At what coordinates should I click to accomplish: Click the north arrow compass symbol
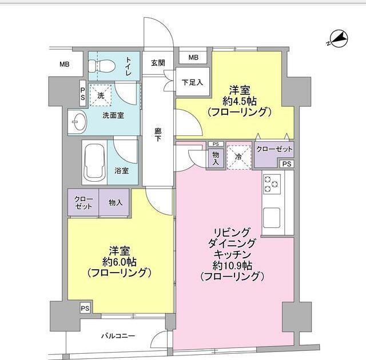coord(338,39)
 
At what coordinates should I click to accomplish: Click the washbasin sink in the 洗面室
coord(78,122)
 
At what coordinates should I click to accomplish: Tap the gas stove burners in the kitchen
coord(272,184)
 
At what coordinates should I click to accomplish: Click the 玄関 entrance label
coord(158,63)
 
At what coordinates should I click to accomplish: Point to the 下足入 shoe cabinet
coord(192,82)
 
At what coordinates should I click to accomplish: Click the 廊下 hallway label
coord(158,135)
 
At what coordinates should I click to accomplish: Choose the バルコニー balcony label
coord(118,335)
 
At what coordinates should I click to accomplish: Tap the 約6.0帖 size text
coord(119,262)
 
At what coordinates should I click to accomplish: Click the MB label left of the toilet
coord(63,64)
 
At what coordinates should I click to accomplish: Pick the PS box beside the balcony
coord(85,308)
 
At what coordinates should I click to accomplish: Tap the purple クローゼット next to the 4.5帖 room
coord(274,149)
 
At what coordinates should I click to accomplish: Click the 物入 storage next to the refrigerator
coord(216,157)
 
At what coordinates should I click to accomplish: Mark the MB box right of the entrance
coord(193,58)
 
